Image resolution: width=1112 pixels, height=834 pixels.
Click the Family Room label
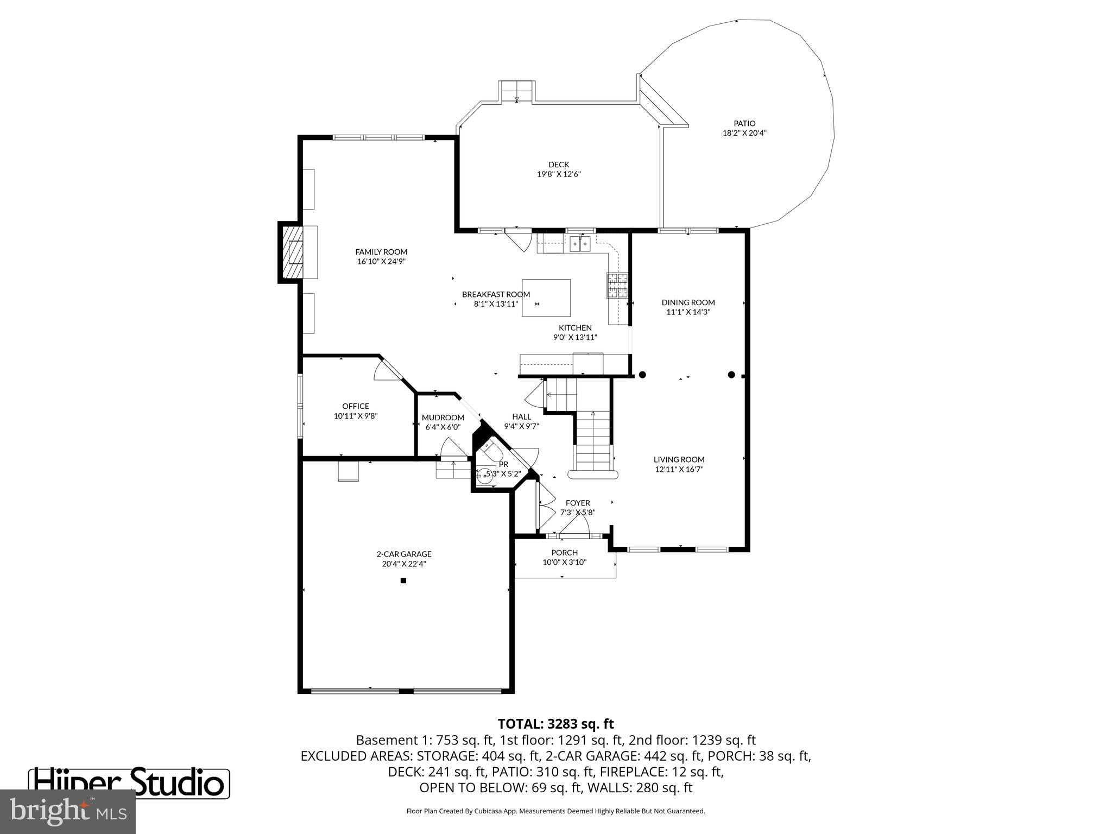pos(381,252)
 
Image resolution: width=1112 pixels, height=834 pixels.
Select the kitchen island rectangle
pos(546,298)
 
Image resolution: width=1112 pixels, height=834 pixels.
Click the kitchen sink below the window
pos(580,244)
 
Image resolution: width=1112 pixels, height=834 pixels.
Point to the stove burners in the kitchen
pos(617,286)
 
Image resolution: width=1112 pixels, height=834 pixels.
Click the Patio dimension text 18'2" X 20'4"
pos(744,133)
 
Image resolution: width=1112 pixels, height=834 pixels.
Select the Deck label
pos(559,165)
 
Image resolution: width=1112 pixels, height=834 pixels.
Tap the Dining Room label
pos(688,302)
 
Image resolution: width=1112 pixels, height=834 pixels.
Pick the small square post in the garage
pos(403,580)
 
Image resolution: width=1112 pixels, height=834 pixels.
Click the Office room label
pos(356,406)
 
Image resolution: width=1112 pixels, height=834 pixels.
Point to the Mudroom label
pos(443,418)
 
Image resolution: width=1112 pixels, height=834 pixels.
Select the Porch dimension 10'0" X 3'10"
pos(565,563)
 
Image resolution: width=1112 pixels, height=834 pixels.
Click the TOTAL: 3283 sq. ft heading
pos(555,724)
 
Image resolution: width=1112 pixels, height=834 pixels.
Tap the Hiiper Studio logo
pos(129,782)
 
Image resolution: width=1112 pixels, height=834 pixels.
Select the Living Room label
pos(679,459)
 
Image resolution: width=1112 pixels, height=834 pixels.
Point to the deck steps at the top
pos(517,91)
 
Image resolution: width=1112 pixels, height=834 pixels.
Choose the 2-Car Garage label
pos(404,554)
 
